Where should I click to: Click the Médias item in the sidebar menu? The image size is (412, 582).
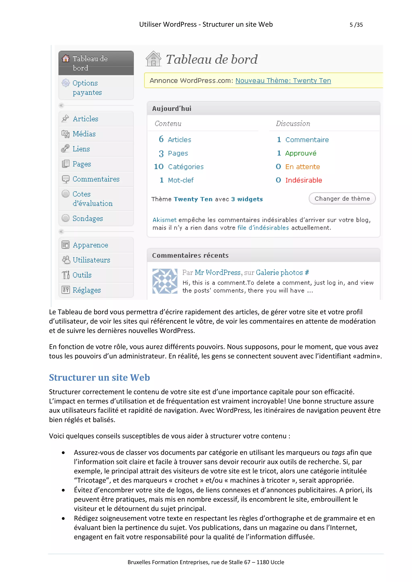coord(84,134)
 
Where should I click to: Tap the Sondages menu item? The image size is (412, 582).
coord(88,218)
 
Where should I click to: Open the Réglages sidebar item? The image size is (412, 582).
coord(87,290)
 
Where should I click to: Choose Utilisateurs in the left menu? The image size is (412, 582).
coord(91,260)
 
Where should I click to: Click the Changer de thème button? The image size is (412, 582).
coord(342,199)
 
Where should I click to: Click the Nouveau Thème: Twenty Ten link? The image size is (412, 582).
coord(283,81)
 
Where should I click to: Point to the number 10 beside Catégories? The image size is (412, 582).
coord(159,167)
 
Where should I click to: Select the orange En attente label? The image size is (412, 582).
coord(302,167)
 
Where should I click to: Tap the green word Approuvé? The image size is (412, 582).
coord(301,153)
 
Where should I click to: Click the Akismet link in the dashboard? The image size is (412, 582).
coord(164,220)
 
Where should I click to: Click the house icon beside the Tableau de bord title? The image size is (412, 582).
coord(153,59)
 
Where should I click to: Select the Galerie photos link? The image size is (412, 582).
coord(279,273)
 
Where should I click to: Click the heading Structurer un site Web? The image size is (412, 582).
coord(99,377)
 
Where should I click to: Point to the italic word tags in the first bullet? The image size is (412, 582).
coord(338,452)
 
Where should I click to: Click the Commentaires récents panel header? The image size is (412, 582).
coord(190,255)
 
